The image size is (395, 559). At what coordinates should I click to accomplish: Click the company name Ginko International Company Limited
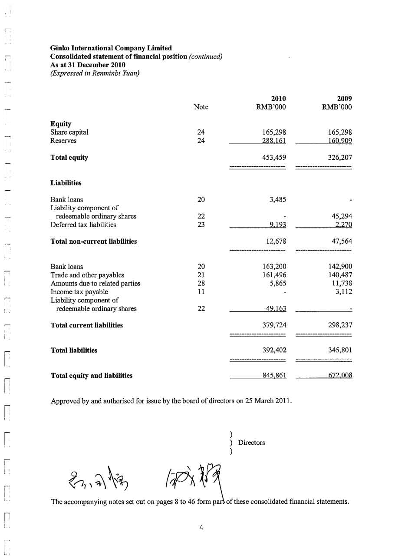(111, 48)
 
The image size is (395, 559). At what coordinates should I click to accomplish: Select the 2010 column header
(278, 99)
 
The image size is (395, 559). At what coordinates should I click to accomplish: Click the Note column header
(201, 107)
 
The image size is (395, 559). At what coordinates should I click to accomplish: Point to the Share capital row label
(69, 132)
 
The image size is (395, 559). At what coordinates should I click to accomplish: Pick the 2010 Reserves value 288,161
(274, 141)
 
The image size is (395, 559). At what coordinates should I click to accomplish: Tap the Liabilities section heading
(66, 183)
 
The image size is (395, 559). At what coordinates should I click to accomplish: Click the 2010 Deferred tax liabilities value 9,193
(277, 225)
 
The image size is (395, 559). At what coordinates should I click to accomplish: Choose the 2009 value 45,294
(340, 216)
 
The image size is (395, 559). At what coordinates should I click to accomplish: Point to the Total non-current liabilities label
(94, 241)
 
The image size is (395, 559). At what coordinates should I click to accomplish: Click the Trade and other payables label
(87, 275)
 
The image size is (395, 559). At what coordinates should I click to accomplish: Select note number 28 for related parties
(201, 283)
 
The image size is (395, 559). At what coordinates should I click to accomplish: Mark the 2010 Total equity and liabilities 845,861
(274, 375)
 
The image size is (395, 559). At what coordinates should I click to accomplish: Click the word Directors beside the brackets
(251, 443)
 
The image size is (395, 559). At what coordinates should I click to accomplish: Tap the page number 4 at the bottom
(201, 527)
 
